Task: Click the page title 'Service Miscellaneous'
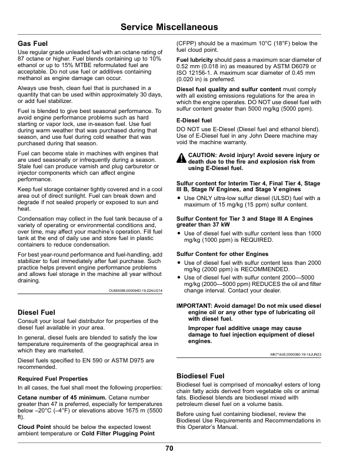[169, 28]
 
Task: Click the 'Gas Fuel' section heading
[33, 44]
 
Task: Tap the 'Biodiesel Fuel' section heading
[201, 375]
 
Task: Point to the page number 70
[169, 448]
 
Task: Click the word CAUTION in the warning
[204, 155]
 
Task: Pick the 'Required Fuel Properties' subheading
[53, 378]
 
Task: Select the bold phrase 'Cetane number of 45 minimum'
[56, 398]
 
